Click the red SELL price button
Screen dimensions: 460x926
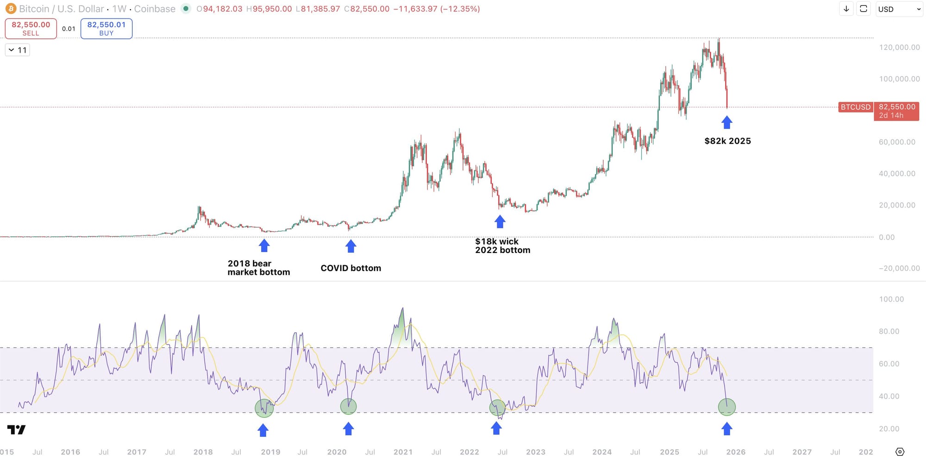point(31,28)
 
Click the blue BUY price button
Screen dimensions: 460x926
point(106,28)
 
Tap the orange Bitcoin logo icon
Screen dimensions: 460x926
point(10,9)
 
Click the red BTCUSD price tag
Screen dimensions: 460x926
point(855,107)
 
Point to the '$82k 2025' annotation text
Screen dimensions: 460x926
point(727,141)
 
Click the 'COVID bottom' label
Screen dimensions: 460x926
point(350,268)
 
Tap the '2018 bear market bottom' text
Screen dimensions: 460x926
point(258,268)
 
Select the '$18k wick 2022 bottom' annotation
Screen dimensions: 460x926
point(502,246)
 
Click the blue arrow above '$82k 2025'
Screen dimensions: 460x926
point(726,122)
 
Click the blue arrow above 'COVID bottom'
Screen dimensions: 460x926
point(350,246)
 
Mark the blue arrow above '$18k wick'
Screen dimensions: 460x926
point(500,222)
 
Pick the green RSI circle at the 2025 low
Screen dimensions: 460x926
point(726,407)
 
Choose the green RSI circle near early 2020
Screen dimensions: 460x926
point(348,406)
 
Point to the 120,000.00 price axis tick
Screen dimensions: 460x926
point(899,47)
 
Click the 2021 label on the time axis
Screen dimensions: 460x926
point(403,452)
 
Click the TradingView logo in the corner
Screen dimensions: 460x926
point(17,430)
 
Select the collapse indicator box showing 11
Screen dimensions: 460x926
point(18,50)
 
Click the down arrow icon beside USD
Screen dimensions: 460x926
point(846,9)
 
